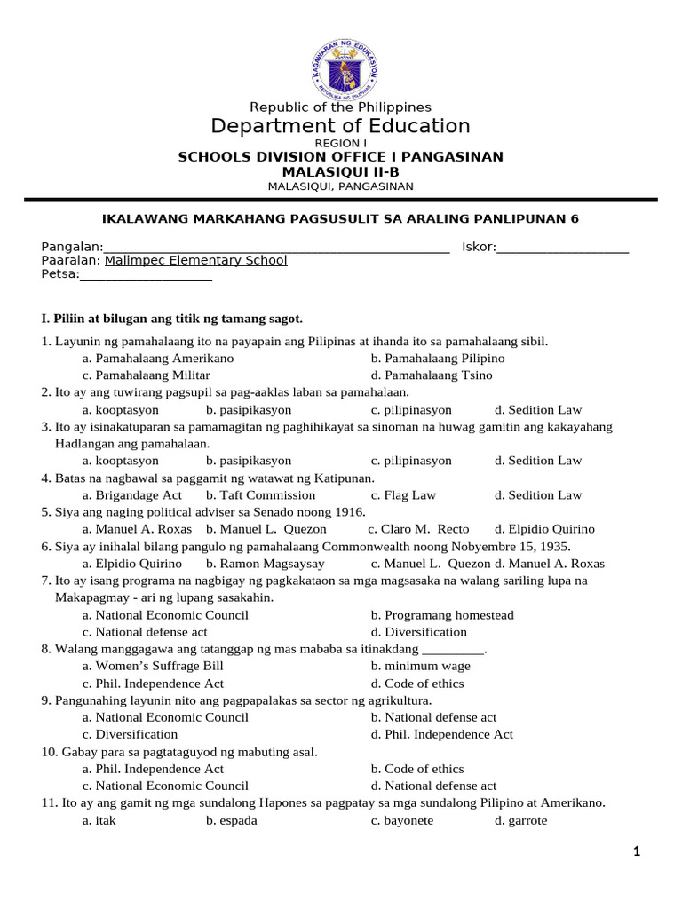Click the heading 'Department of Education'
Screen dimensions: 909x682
(340, 126)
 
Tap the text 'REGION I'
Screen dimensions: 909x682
(340, 143)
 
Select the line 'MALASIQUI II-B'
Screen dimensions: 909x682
(340, 171)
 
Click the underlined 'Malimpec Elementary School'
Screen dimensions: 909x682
(195, 261)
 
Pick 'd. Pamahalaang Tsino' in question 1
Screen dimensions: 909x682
(432, 375)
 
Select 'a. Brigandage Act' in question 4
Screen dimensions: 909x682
(131, 495)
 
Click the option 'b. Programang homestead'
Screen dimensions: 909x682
(442, 615)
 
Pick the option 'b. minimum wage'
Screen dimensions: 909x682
(421, 666)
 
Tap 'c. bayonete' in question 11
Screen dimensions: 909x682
(402, 821)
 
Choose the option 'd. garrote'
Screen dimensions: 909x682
(521, 821)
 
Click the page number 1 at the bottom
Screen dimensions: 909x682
(637, 852)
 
